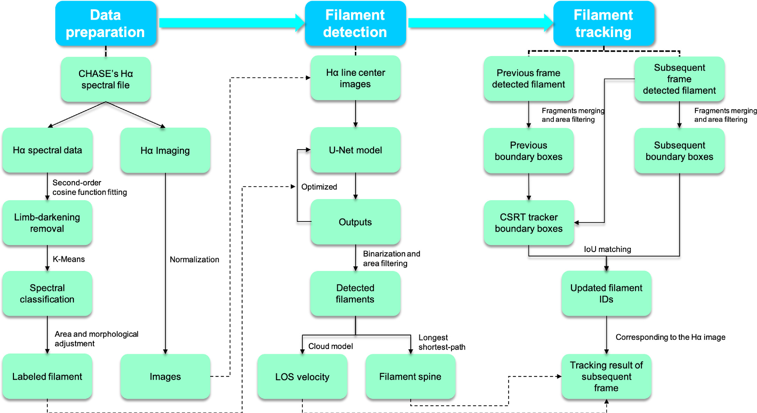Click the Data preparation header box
105,23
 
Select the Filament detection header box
355,23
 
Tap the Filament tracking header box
603,23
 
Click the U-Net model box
355,150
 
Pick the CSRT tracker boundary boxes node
528,223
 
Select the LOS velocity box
302,377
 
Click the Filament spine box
410,377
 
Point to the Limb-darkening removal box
47,223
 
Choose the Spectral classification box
47,293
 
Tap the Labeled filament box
47,377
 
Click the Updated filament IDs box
606,293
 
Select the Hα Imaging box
165,150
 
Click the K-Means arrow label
69,259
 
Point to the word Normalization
194,260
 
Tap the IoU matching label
607,249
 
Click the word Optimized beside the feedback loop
319,187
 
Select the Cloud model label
330,346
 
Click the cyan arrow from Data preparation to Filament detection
231,23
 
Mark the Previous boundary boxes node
528,151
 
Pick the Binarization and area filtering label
391,258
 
